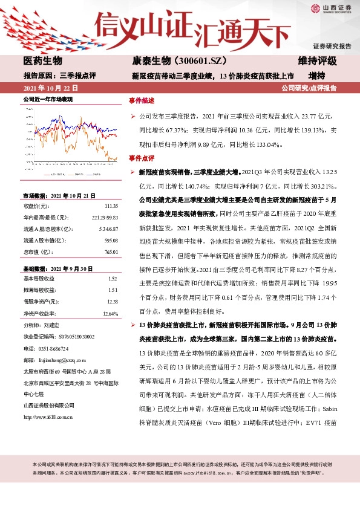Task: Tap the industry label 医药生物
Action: [x=42, y=61]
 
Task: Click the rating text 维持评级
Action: [x=318, y=61]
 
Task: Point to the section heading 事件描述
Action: [x=142, y=100]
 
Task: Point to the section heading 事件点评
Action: [x=142, y=158]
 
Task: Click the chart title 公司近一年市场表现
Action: [x=48, y=99]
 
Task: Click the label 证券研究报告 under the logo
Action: [x=332, y=46]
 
